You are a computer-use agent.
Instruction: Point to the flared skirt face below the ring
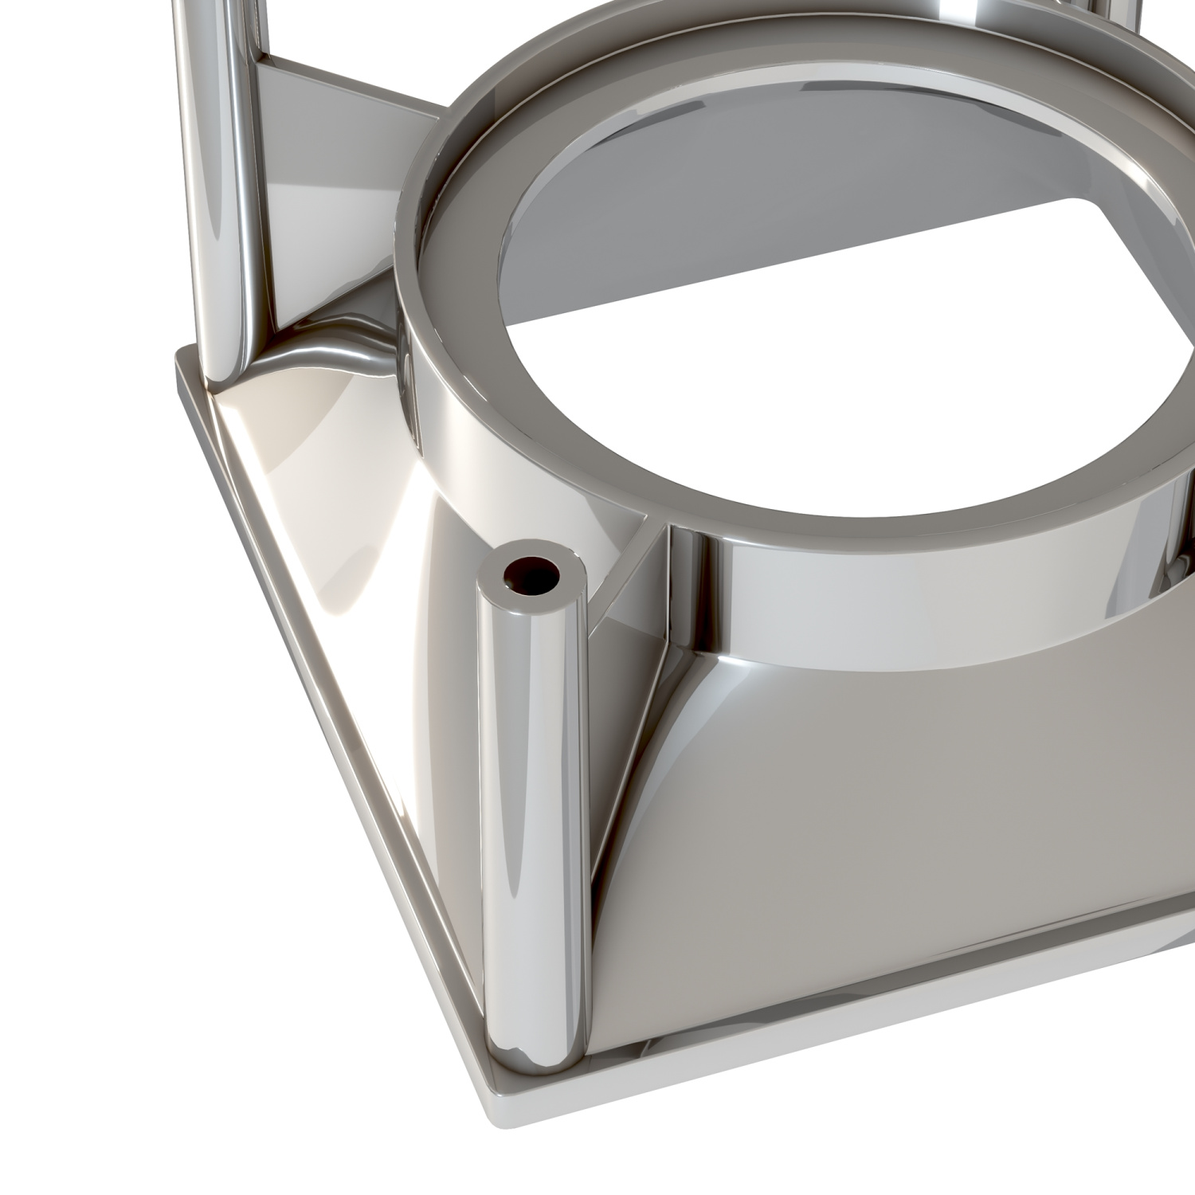point(876,797)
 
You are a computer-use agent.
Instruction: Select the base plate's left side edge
point(319,717)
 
